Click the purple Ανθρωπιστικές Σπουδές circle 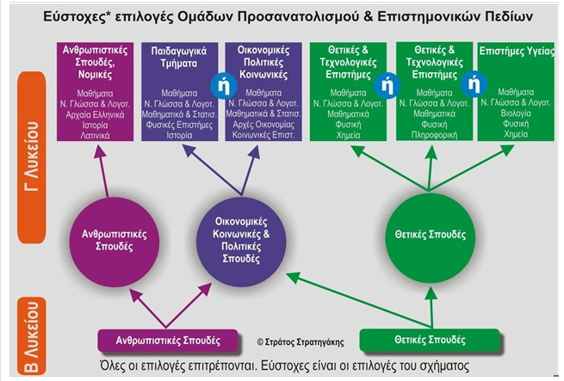pyautogui.click(x=114, y=242)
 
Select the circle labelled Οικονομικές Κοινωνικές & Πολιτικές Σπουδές pyautogui.click(x=241, y=242)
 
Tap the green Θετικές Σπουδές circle pyautogui.click(x=431, y=237)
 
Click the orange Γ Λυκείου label pyautogui.click(x=32, y=157)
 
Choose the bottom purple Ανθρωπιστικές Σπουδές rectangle pyautogui.click(x=168, y=340)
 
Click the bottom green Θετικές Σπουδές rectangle pyautogui.click(x=430, y=340)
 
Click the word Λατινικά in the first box pyautogui.click(x=95, y=136)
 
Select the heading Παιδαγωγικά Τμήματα pyautogui.click(x=179, y=57)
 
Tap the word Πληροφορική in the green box pyautogui.click(x=434, y=135)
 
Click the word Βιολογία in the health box pyautogui.click(x=516, y=114)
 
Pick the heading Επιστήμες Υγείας pyautogui.click(x=517, y=51)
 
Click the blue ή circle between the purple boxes pyautogui.click(x=224, y=85)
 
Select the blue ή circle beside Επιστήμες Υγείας pyautogui.click(x=474, y=84)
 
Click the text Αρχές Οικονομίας pyautogui.click(x=263, y=125)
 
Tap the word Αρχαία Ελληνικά pyautogui.click(x=95, y=114)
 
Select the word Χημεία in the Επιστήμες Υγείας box pyautogui.click(x=516, y=134)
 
